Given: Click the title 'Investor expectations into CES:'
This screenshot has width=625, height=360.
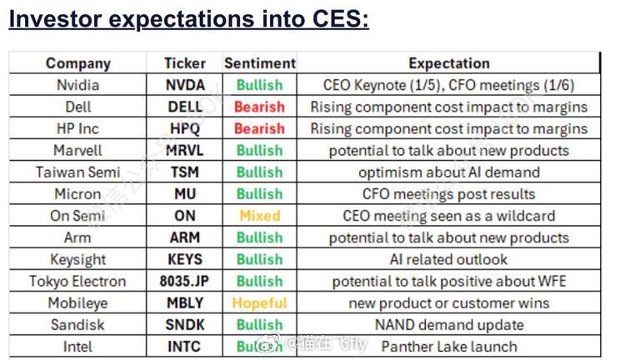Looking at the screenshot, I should coord(188,18).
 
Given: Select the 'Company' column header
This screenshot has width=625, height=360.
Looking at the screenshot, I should coord(78,63).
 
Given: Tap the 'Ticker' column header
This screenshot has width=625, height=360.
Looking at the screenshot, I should coord(184,63).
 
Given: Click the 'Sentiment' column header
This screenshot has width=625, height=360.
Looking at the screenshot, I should coord(259,63).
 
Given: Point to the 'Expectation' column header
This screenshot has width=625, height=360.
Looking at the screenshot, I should coord(448,63).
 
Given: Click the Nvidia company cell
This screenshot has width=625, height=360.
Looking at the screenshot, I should coord(78,85).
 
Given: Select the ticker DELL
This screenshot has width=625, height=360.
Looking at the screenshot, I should coord(184,107).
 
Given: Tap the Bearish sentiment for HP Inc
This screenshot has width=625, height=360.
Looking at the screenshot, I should coord(259,128).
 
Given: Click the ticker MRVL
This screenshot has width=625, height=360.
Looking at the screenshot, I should coord(184,150).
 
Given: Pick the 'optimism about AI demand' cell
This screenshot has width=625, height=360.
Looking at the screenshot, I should coord(448,172).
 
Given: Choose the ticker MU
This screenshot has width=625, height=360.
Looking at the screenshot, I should coord(184,194).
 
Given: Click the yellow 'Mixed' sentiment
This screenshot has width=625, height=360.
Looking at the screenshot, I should coord(259,216).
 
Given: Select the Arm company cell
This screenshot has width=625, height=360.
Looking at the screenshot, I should coord(78,237).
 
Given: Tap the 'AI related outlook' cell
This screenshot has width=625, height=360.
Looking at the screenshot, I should coord(448,259).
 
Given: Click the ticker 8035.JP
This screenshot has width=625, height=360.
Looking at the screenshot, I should coord(184,281).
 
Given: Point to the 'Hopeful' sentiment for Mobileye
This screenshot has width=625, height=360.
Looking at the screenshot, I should coord(259,302).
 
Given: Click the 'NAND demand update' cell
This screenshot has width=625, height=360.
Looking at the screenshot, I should coord(448,324).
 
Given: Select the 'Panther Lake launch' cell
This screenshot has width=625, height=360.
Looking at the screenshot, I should coord(448,346).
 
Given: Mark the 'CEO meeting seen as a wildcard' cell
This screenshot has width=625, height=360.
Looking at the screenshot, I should coord(448,216).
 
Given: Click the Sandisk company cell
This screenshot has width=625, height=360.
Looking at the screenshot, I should coord(78,324).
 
